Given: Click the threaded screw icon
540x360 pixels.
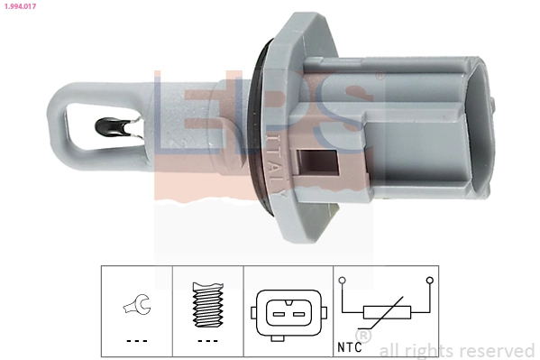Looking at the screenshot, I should [206, 305].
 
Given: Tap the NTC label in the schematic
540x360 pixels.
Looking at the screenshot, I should [352, 345].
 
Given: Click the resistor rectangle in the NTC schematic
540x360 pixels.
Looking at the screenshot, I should [386, 313].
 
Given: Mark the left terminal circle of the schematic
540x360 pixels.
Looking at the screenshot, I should [343, 282].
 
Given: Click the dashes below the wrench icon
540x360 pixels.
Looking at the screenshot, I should [135, 341].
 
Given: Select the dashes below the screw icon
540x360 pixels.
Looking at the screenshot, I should [206, 341].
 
